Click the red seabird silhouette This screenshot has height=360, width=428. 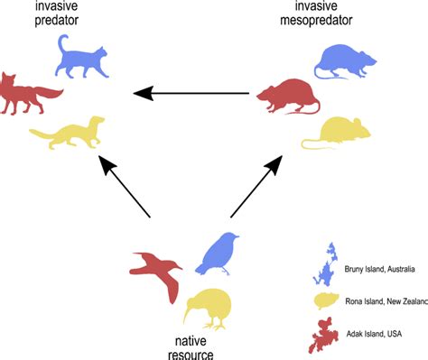click(x=154, y=268)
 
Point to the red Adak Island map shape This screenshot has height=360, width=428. click(x=326, y=336)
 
